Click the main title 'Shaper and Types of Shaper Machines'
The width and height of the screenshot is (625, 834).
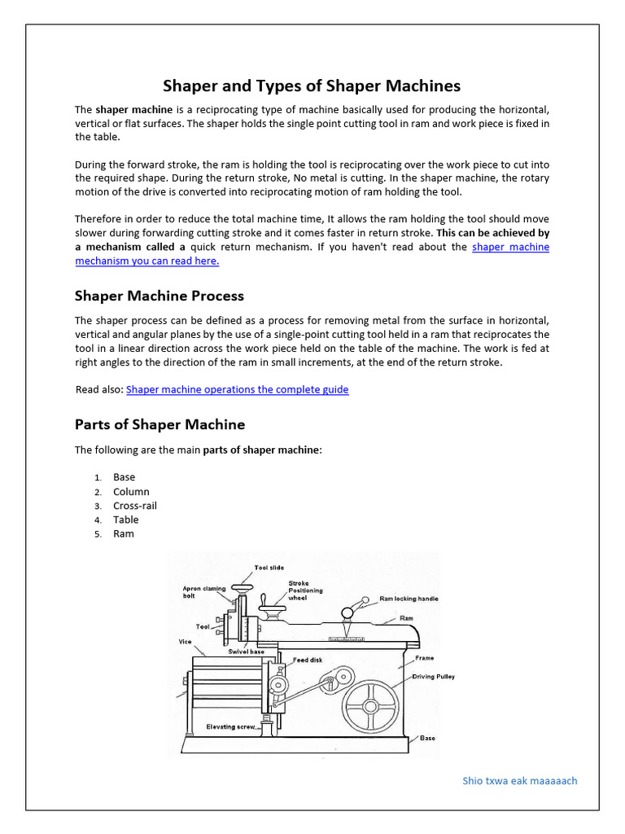click(x=312, y=86)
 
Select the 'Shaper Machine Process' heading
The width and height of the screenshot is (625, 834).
click(x=159, y=296)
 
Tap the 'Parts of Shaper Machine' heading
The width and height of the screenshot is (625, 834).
click(x=160, y=424)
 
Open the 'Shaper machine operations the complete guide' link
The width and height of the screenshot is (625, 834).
click(x=237, y=389)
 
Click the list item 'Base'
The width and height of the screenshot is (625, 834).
click(x=124, y=477)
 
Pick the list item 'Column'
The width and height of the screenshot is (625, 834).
click(x=131, y=492)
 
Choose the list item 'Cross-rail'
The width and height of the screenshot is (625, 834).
click(x=135, y=506)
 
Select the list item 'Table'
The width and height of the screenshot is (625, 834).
click(x=125, y=520)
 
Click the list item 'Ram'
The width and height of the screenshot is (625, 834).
click(x=123, y=534)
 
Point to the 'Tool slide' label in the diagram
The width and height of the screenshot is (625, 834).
click(x=269, y=568)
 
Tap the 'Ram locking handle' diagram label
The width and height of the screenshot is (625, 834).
click(x=409, y=599)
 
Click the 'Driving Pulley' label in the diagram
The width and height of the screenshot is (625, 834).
click(x=433, y=677)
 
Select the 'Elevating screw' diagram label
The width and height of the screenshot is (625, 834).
click(x=231, y=726)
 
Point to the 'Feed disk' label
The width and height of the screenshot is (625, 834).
click(x=308, y=660)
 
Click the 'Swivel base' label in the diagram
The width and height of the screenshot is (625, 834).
click(x=247, y=652)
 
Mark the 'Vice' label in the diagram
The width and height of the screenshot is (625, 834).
click(x=186, y=642)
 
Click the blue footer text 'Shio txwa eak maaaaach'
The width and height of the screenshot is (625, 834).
click(x=519, y=780)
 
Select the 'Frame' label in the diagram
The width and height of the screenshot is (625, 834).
click(x=424, y=658)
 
